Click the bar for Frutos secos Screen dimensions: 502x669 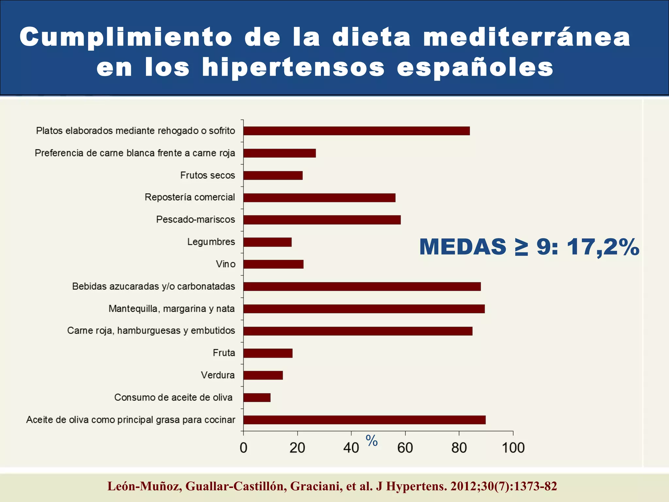273,176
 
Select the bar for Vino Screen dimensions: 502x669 273,264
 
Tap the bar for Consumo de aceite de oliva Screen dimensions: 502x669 257,397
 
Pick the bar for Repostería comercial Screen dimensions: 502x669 319,198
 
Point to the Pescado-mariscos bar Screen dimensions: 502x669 322,220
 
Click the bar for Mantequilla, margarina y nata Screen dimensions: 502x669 364,309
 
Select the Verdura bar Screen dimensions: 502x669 263,375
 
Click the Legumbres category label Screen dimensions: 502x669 211,242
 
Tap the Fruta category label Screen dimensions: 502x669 224,353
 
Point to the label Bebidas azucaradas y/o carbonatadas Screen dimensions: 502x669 154,286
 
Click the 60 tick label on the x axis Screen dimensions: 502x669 405,448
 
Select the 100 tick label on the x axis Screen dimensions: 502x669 513,448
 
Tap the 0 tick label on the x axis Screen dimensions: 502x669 243,448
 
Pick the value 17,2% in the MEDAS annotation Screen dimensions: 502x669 603,247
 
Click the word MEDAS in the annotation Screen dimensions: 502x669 463,247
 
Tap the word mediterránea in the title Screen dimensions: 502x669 527,37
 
